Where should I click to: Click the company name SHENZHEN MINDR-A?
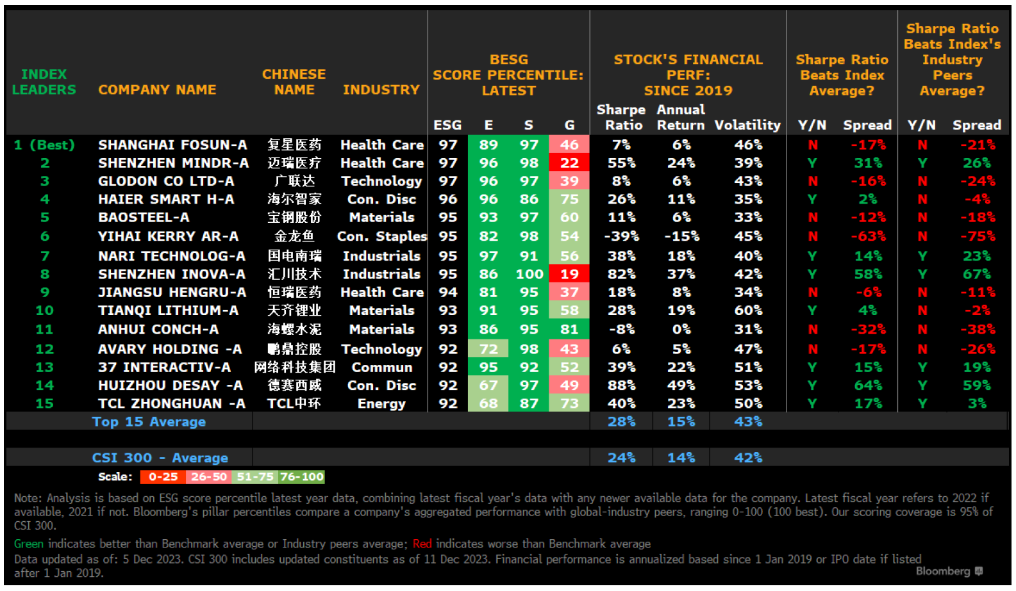point(173,163)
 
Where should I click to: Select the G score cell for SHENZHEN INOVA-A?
point(569,274)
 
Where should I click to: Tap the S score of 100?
point(529,274)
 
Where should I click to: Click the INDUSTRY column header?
point(381,90)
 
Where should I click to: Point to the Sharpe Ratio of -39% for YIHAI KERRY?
point(621,236)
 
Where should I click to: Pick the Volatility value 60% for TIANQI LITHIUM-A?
point(748,311)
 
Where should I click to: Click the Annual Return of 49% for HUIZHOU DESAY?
point(681,385)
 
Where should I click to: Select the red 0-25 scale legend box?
point(163,477)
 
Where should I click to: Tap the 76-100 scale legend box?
point(301,477)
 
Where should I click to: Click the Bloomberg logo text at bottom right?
point(943,571)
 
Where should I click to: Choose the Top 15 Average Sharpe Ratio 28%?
point(621,422)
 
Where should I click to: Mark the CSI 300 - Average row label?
point(160,458)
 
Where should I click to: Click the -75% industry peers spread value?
point(977,236)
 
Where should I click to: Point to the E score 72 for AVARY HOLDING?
point(488,349)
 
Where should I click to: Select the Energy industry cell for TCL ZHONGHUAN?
point(381,404)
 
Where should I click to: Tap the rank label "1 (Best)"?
point(44,145)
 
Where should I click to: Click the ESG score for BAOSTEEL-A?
point(447,218)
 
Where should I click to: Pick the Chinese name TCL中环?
point(294,404)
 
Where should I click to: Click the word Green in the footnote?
point(29,544)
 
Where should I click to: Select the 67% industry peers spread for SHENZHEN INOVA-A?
point(977,274)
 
